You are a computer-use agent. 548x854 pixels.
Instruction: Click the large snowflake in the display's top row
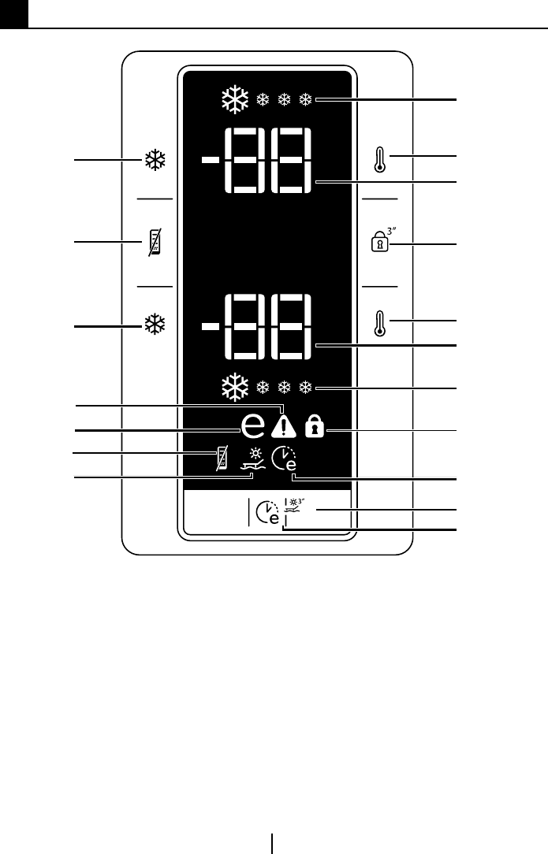point(233,100)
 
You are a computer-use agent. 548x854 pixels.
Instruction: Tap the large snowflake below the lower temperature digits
point(233,388)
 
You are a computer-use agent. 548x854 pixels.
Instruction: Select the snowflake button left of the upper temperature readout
point(153,162)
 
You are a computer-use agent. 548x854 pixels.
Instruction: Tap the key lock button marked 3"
point(380,240)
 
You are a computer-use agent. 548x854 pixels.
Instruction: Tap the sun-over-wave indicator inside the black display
point(253,460)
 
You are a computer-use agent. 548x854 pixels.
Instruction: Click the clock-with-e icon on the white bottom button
point(267,514)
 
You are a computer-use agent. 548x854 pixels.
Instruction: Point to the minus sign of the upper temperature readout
point(210,161)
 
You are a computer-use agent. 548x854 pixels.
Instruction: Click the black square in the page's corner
point(13,13)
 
